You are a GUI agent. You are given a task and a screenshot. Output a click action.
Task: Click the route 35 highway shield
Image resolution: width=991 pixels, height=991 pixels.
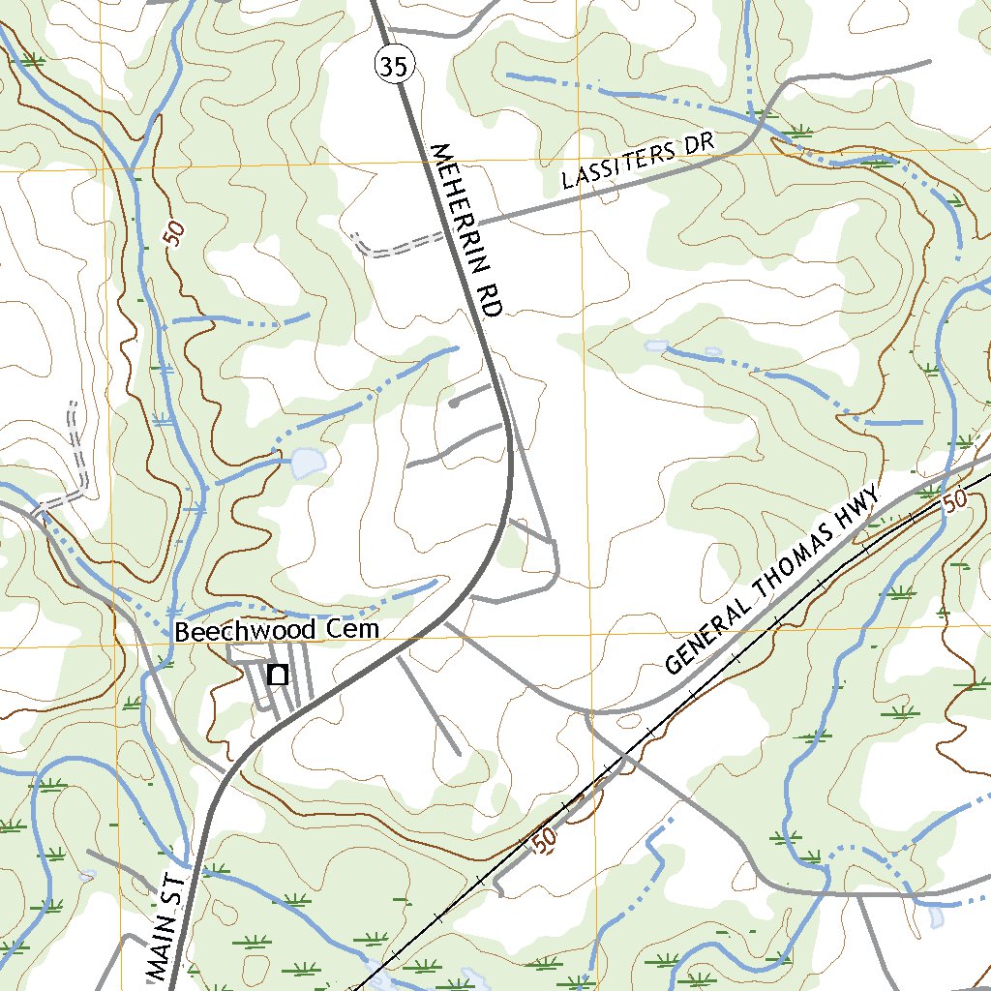[393, 66]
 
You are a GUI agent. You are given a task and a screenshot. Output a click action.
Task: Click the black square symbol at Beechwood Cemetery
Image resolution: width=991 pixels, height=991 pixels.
[278, 676]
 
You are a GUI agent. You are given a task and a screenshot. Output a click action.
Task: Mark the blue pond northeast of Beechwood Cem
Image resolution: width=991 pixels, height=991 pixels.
[306, 463]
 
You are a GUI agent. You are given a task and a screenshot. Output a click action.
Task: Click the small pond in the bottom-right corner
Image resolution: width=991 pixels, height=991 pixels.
[935, 916]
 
